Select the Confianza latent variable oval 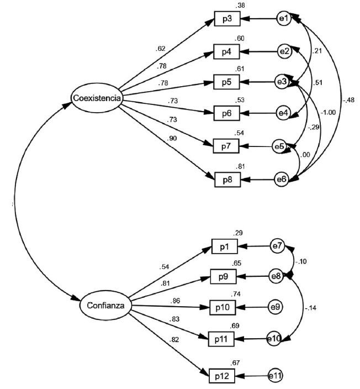(x=105, y=305)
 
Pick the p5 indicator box (x=227, y=82)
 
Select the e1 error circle (x=284, y=19)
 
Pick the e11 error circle (x=275, y=375)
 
